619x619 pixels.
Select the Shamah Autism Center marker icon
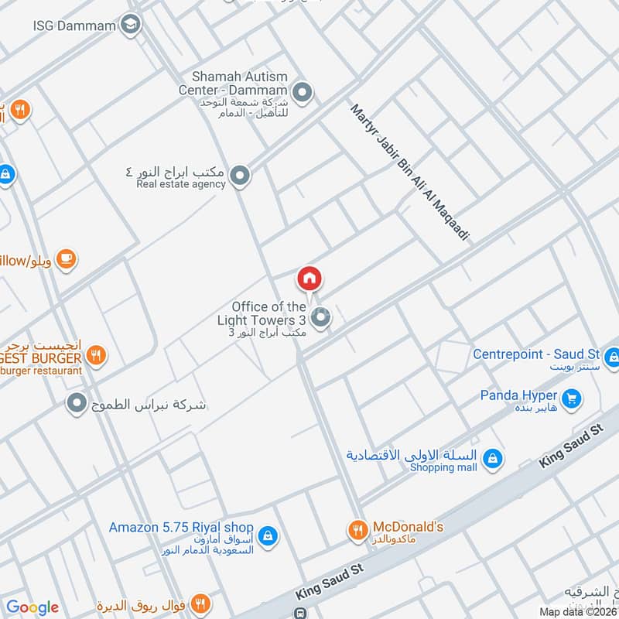(x=303, y=94)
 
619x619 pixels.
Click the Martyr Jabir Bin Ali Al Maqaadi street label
(x=409, y=173)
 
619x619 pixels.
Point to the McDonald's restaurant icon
(x=357, y=529)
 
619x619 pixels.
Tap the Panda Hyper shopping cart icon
(x=573, y=398)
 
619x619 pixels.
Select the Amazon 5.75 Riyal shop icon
(x=267, y=535)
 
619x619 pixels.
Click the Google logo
(x=32, y=607)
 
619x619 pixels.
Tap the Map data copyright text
(x=577, y=611)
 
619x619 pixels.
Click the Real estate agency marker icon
(x=241, y=176)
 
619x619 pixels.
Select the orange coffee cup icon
(x=67, y=258)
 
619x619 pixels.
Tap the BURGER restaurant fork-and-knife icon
(x=97, y=356)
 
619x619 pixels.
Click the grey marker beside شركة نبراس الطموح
(x=76, y=403)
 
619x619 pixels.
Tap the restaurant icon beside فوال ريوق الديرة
(x=200, y=604)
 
